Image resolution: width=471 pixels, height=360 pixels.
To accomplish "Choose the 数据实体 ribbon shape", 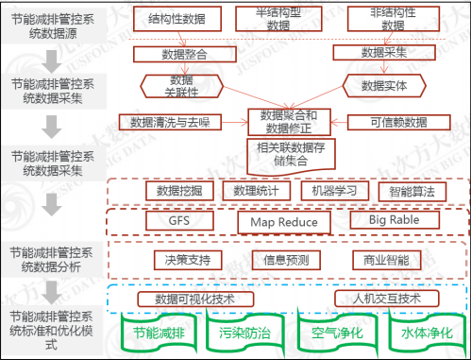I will pos(382,86).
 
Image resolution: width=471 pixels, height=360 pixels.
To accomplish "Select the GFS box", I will pos(179,221).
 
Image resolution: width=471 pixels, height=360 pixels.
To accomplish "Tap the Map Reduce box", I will pos(284,222).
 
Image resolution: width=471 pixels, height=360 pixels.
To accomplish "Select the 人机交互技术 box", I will pos(382,299).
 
